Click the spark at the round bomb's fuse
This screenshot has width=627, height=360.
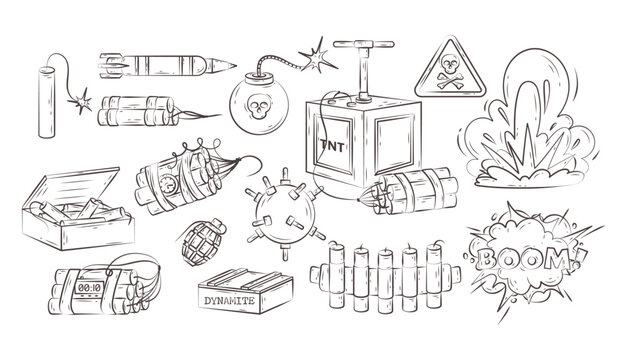317,51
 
